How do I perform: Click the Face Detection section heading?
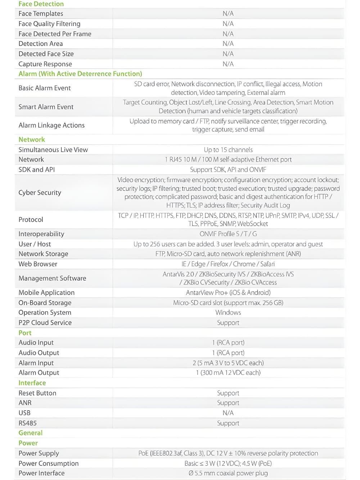coord(41,4)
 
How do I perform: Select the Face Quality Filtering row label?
coord(49,24)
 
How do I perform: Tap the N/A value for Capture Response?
coord(228,64)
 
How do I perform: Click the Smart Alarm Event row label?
coord(46,107)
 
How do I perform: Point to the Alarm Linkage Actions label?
coord(51,125)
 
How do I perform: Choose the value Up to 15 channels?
coord(228,150)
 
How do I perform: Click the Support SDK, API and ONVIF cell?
coord(228,170)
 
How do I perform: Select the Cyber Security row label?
coord(40,193)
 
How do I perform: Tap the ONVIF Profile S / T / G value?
coord(228,234)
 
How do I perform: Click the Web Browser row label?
coord(38,264)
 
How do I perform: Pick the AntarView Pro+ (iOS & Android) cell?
coord(228,293)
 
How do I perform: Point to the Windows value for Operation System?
coord(228,312)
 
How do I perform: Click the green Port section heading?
coord(25,333)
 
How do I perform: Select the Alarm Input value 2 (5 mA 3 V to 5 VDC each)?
coord(228,363)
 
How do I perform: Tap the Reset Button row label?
coord(37,393)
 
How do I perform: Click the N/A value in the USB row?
coord(228,413)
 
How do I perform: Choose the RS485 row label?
coord(27,423)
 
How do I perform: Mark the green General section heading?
coord(31,433)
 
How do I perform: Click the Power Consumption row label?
coord(48,463)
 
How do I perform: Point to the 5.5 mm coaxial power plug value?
coord(228,473)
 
